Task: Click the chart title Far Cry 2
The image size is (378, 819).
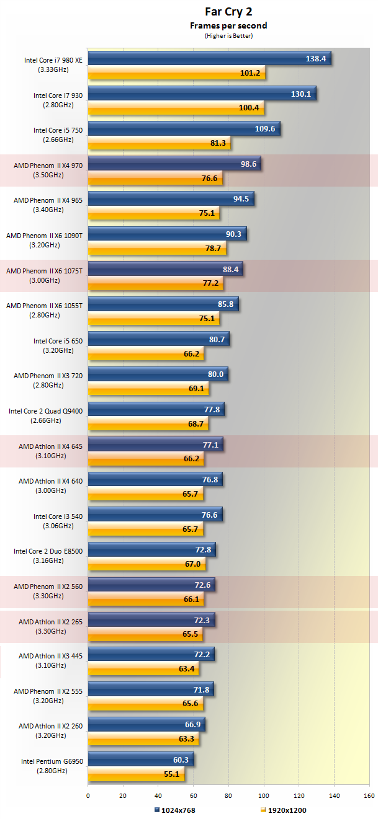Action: [228, 11]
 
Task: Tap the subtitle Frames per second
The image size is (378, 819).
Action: [228, 25]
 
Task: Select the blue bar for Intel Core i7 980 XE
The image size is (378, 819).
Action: [209, 58]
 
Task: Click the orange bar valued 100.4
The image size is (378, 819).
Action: [176, 108]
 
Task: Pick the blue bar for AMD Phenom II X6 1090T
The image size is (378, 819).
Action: [167, 234]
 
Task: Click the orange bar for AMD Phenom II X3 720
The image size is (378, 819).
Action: [148, 389]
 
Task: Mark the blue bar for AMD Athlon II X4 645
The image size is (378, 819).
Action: [155, 445]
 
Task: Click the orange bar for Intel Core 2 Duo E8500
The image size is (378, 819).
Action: [146, 564]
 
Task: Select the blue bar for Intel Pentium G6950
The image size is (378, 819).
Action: [141, 759]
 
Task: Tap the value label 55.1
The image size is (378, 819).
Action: [171, 774]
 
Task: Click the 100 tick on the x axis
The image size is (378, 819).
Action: [264, 796]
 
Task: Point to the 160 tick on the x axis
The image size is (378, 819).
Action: [370, 796]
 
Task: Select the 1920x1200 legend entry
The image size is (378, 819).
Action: [284, 810]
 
